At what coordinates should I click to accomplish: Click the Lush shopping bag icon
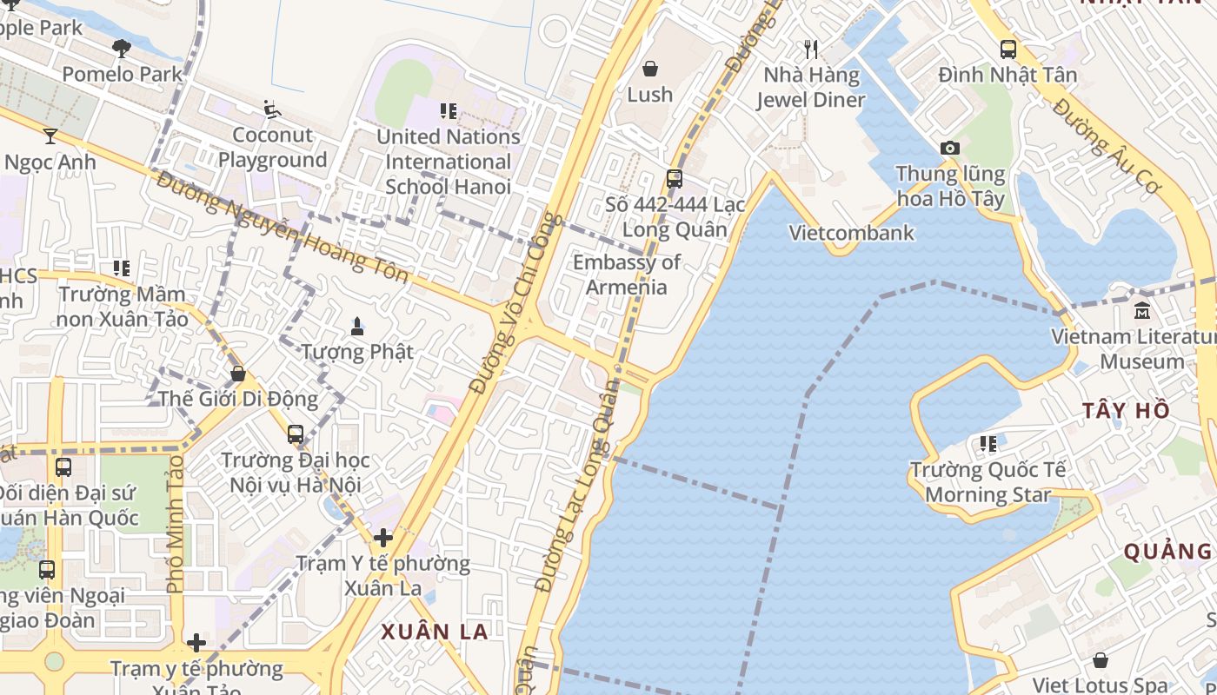coord(649,68)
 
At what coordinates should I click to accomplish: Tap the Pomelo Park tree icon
coord(122,49)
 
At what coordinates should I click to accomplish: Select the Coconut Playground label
coord(272,148)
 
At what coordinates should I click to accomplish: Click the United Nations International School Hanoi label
coord(448,162)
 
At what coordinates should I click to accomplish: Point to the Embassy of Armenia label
coord(627,275)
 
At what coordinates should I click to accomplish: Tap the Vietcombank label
coord(851,233)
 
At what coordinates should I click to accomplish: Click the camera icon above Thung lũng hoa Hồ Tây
coord(950,149)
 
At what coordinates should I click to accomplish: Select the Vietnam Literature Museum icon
coord(1142,310)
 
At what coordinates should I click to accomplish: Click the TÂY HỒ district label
coord(1127,411)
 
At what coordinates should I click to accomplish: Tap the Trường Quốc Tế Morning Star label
coord(988,482)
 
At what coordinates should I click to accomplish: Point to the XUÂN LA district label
coord(435,632)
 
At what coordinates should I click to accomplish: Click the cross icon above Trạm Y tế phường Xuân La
coord(382,538)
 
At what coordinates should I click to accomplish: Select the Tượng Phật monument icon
coord(356,327)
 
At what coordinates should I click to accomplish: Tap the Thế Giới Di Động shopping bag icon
coord(238,374)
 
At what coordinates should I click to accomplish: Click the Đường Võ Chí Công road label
coord(516,303)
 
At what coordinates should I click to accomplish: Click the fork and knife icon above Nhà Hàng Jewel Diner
coord(811,50)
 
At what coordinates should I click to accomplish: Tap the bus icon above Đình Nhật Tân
coord(1008,50)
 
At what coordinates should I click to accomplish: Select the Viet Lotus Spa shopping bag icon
coord(1100,660)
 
